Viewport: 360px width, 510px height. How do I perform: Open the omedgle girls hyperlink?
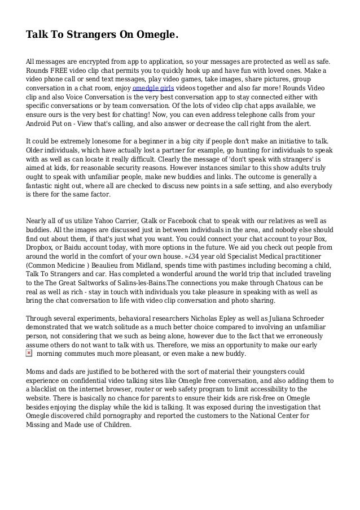[152, 89]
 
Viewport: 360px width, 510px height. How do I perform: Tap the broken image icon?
[29, 353]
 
